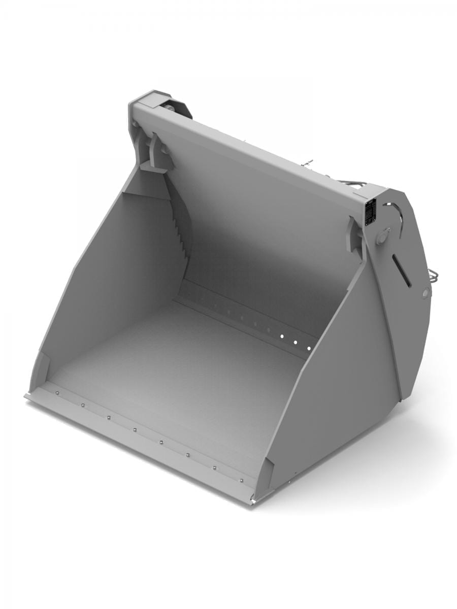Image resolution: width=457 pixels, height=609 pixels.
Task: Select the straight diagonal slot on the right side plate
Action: pyautogui.click(x=402, y=270)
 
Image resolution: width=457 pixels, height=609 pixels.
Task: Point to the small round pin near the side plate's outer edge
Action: pyautogui.click(x=425, y=293)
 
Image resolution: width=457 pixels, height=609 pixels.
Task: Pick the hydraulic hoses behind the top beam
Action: pyautogui.click(x=350, y=183)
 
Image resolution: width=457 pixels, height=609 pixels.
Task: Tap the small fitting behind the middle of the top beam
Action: pyautogui.click(x=308, y=162)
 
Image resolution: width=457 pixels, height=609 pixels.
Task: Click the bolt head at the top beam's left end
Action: pyautogui.click(x=169, y=108)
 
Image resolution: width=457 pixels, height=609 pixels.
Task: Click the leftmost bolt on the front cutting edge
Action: pyautogui.click(x=57, y=392)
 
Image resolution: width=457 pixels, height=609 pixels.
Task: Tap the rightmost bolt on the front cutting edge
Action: pyautogui.click(x=241, y=480)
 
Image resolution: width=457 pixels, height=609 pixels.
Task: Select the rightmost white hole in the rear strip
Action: pyautogui.click(x=307, y=348)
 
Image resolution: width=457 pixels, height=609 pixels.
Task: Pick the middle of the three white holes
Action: pyautogui.click(x=295, y=342)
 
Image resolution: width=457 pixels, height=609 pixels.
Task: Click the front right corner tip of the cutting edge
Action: pyautogui.click(x=252, y=503)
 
